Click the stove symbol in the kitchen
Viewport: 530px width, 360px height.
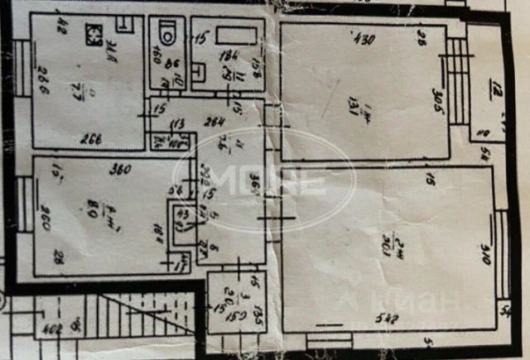(96, 36)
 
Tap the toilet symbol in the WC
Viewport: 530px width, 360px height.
(168, 33)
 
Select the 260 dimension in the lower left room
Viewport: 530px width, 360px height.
(46, 220)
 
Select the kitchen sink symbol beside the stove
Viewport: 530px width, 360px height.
(123, 22)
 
